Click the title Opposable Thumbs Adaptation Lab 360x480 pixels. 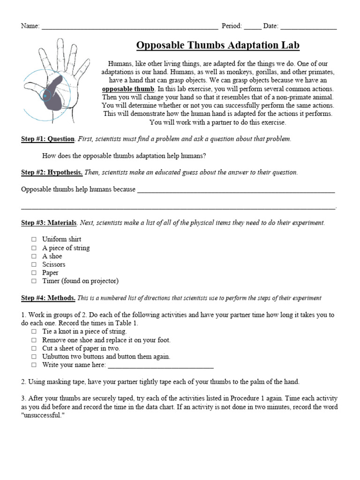pyautogui.click(x=217, y=45)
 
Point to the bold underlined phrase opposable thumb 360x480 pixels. pyautogui.click(x=128, y=89)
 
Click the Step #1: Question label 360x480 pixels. pyautogui.click(x=48, y=139)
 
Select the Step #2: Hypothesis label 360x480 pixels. pyautogui.click(x=52, y=172)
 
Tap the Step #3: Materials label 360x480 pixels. pyautogui.click(x=49, y=223)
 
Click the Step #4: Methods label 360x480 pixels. pyautogui.click(x=48, y=298)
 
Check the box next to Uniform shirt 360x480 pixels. pyautogui.click(x=34, y=240)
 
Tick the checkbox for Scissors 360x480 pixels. pyautogui.click(x=34, y=265)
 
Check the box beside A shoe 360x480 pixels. pyautogui.click(x=34, y=256)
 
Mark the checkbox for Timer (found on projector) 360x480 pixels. pyautogui.click(x=34, y=281)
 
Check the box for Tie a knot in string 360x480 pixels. pyautogui.click(x=34, y=331)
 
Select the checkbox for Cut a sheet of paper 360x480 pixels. pyautogui.click(x=34, y=348)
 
